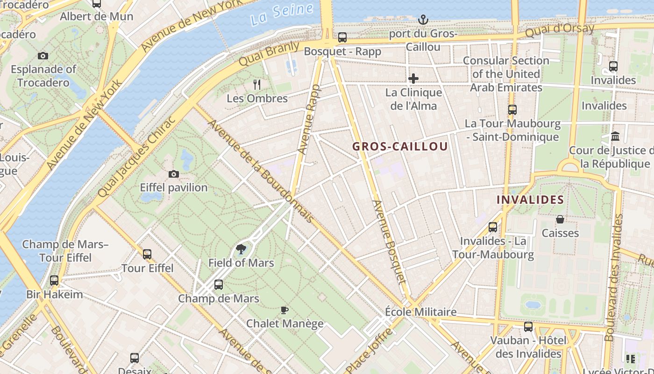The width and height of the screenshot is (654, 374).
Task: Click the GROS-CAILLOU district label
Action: pos(400,146)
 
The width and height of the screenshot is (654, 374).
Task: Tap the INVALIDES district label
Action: pos(530,200)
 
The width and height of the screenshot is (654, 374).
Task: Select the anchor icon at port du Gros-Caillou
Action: pos(423,20)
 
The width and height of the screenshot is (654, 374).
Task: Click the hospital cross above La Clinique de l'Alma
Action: pos(413,79)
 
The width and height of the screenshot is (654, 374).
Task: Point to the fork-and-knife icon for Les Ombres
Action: pos(256,85)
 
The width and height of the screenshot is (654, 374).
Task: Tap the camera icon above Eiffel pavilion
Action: pos(174,174)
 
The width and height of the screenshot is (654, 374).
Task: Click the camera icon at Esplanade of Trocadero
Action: pos(43,56)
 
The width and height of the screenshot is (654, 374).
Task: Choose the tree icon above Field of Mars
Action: pos(241,249)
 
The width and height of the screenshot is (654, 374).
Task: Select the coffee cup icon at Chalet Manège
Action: pos(284,309)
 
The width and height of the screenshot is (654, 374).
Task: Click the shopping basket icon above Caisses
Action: pos(560,219)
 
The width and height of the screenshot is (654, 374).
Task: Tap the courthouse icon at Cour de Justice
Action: pos(615,137)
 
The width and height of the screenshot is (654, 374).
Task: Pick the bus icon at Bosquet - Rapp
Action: pos(342,37)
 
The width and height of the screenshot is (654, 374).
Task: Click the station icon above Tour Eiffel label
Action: pos(147,254)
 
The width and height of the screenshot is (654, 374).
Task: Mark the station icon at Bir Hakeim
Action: pos(54,280)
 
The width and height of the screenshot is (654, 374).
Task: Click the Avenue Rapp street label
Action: pos(309,120)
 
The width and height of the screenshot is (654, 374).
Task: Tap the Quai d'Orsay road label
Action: pos(559,31)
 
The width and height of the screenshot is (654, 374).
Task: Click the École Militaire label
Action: pos(420,312)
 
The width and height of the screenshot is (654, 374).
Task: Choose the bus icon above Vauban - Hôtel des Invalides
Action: pos(528,327)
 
